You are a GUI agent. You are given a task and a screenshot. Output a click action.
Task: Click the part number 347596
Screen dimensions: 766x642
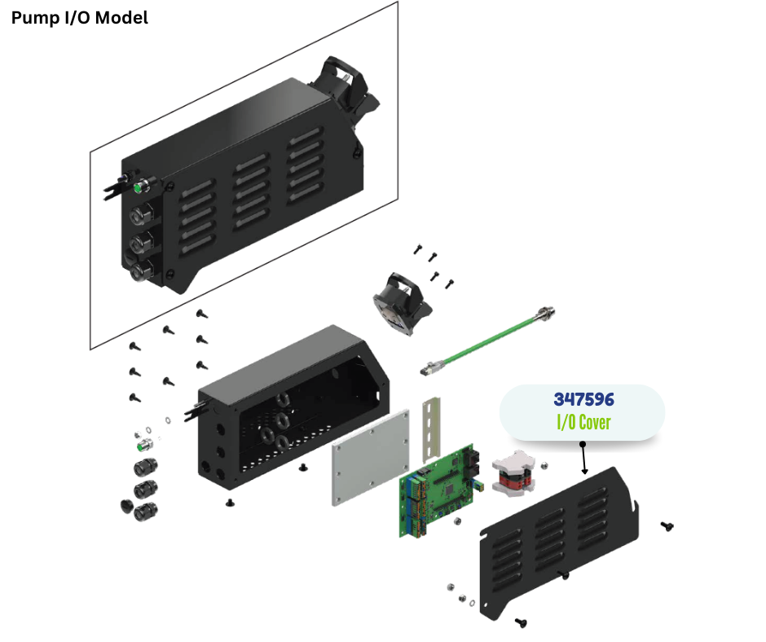click(583, 399)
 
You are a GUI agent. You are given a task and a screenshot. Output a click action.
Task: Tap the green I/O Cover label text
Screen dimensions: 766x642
click(583, 422)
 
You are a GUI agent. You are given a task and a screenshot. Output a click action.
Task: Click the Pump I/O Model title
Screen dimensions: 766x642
click(80, 18)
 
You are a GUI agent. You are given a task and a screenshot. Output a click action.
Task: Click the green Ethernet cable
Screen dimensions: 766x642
click(487, 341)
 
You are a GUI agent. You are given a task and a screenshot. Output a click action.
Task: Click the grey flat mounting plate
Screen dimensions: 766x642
click(371, 457)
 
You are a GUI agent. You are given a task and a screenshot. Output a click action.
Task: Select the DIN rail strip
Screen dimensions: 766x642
click(431, 429)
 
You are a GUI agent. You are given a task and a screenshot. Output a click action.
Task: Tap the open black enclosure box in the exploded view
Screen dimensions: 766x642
click(293, 408)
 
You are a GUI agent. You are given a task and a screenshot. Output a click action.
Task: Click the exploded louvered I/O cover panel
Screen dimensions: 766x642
click(559, 543)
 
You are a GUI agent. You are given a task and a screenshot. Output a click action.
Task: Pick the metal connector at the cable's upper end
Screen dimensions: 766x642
click(546, 312)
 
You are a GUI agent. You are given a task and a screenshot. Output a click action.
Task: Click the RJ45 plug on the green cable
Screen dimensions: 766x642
click(431, 367)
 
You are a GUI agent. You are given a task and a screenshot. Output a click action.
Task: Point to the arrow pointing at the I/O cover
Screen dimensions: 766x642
click(583, 459)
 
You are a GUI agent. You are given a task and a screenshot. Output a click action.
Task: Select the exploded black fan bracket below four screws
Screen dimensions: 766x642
click(402, 303)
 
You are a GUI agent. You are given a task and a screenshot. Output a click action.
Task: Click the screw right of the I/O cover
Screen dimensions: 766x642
click(667, 525)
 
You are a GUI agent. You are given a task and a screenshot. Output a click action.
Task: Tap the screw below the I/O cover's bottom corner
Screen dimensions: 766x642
click(522, 622)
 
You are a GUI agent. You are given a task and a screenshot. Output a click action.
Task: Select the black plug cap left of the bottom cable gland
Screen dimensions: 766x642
click(127, 506)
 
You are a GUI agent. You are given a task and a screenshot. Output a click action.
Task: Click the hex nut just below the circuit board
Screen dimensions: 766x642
click(457, 521)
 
